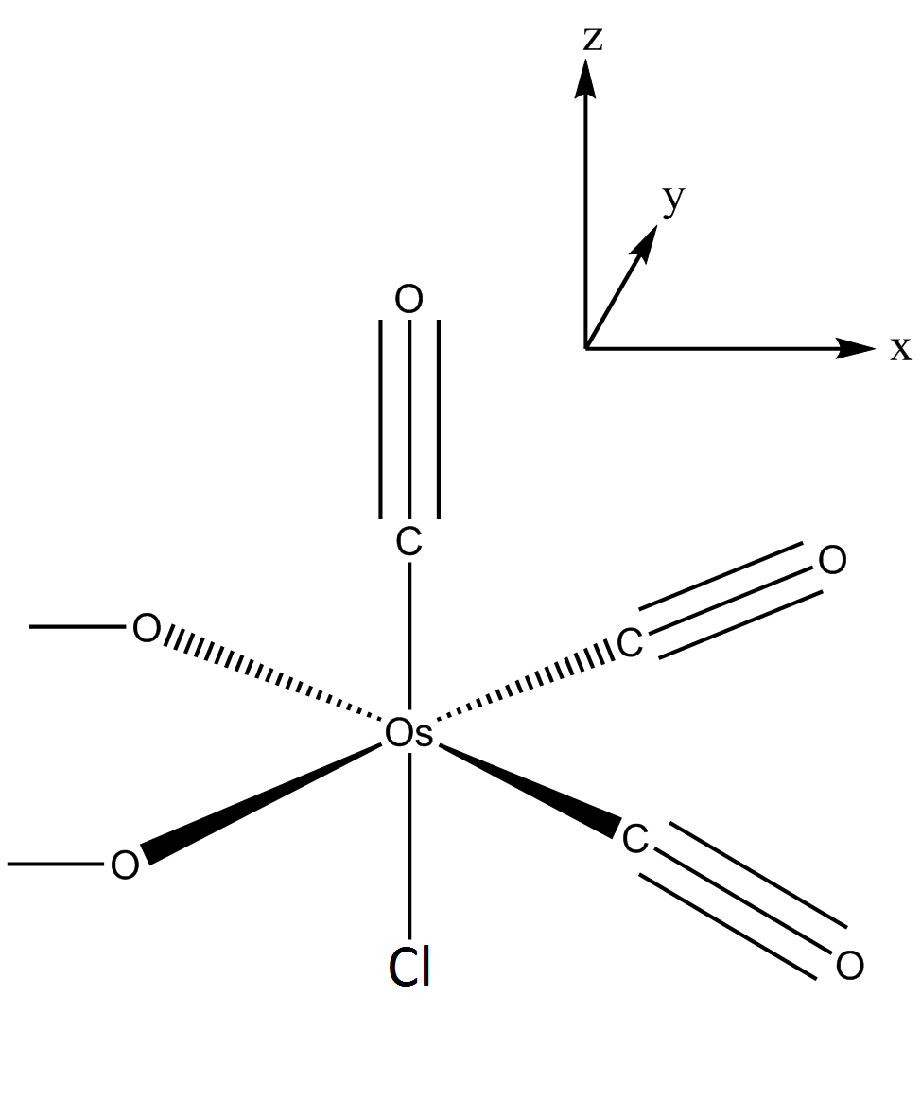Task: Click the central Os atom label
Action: (x=408, y=733)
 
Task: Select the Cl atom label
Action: (x=409, y=967)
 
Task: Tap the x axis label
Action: (x=900, y=349)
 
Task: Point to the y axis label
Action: (x=673, y=200)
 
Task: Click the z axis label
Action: (x=592, y=39)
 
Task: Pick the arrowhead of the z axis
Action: (x=586, y=79)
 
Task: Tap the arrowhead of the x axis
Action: (x=856, y=349)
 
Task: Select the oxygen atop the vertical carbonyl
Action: (x=409, y=300)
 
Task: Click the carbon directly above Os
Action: (x=409, y=542)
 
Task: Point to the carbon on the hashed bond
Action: (x=630, y=642)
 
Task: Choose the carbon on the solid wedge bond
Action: (x=635, y=838)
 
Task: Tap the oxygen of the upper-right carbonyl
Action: (x=833, y=561)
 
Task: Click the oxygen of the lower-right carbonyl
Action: (x=850, y=966)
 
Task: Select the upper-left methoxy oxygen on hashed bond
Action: (x=147, y=628)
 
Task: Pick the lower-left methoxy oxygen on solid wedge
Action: (x=125, y=865)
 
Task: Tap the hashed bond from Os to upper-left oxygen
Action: (x=270, y=673)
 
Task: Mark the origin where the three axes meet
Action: (x=586, y=349)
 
